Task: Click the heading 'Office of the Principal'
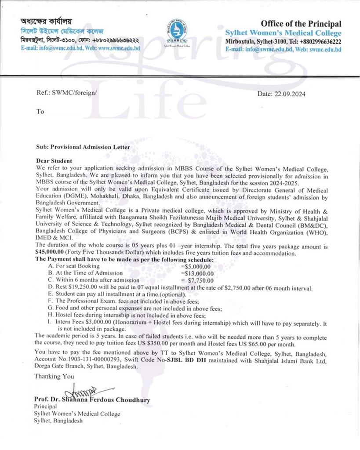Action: coord(301,24)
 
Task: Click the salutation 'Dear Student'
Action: coord(54,161)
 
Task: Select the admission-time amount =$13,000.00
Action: coord(197,273)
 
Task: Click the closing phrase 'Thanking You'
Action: coord(54,376)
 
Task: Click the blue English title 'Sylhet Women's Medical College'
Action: coord(283,33)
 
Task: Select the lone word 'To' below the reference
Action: coord(40,112)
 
